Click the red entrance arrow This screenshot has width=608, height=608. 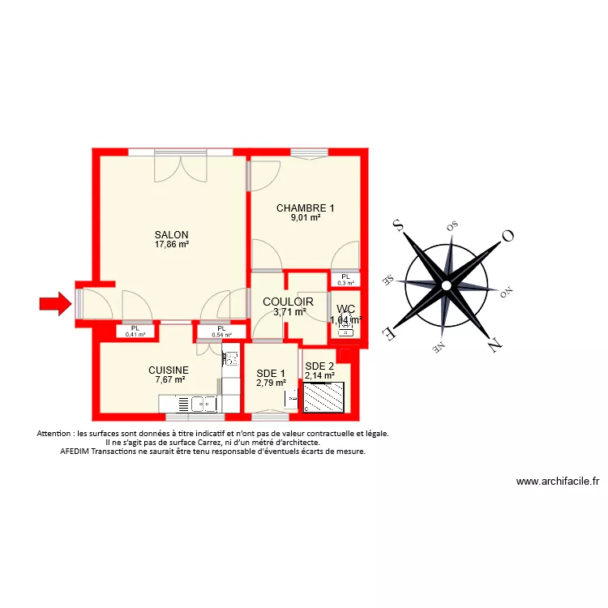pyautogui.click(x=54, y=304)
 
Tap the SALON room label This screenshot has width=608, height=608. pyautogui.click(x=171, y=234)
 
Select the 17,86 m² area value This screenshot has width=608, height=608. pyautogui.click(x=171, y=244)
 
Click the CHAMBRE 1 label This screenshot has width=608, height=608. pyautogui.click(x=305, y=208)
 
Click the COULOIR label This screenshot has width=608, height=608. pyautogui.click(x=289, y=302)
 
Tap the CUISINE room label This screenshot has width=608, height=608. pyautogui.click(x=168, y=370)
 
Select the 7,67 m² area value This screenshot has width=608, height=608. pyautogui.click(x=170, y=379)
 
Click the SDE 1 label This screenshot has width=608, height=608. pyautogui.click(x=271, y=373)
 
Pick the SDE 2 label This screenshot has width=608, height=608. pyautogui.click(x=319, y=366)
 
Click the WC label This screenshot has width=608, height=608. pyautogui.click(x=345, y=309)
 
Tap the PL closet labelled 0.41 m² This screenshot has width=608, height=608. pyautogui.click(x=135, y=331)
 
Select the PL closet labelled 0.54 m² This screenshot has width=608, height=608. pyautogui.click(x=221, y=331)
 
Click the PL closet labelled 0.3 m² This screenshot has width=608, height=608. pyautogui.click(x=346, y=280)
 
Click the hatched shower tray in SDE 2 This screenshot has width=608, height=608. pyautogui.click(x=325, y=397)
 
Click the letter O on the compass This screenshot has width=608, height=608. pyautogui.click(x=508, y=236)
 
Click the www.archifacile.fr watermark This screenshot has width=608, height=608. pyautogui.click(x=557, y=481)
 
